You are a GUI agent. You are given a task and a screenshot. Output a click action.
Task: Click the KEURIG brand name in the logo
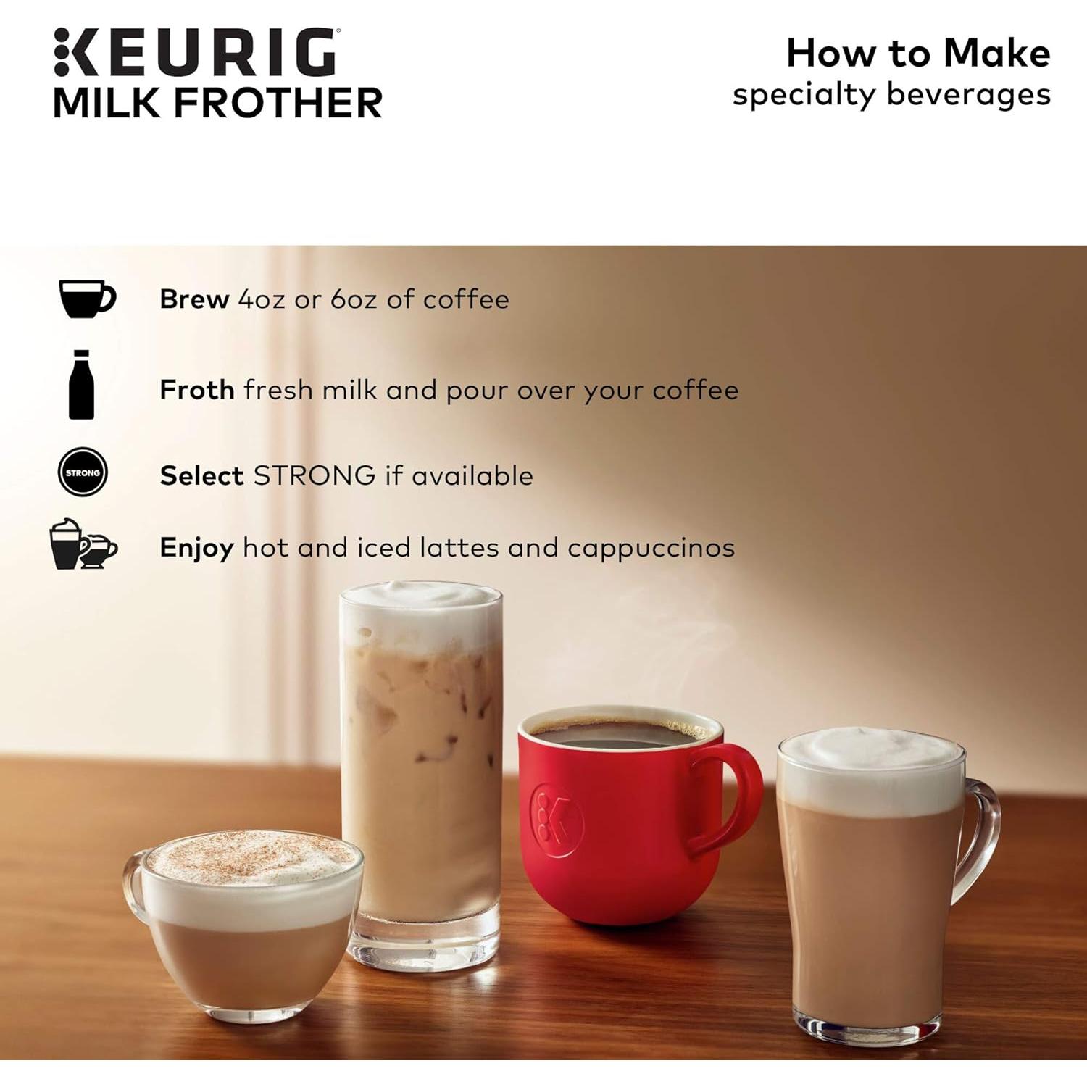coord(196,52)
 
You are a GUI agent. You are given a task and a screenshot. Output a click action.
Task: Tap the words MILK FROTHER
coord(217,103)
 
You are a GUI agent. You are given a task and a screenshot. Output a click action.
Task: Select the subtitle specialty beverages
coord(891,95)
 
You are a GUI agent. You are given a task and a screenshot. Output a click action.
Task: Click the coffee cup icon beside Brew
coord(86,299)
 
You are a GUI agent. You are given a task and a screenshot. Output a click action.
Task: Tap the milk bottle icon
coord(81,385)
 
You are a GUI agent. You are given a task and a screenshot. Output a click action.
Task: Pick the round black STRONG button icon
coord(83,472)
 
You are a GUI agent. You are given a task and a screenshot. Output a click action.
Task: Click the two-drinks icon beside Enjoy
coord(82,545)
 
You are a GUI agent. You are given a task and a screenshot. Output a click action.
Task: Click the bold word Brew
coord(194,299)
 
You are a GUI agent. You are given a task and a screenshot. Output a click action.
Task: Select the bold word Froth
coord(196,390)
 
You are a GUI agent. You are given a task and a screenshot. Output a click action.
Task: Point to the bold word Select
coord(201,476)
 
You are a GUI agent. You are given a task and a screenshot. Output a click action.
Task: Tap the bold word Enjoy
coord(196,548)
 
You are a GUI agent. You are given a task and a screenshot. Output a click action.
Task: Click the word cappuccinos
coord(651,549)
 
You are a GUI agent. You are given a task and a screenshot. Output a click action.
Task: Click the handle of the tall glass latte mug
coord(982,833)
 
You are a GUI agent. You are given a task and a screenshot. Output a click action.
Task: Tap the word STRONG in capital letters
coord(314,476)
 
